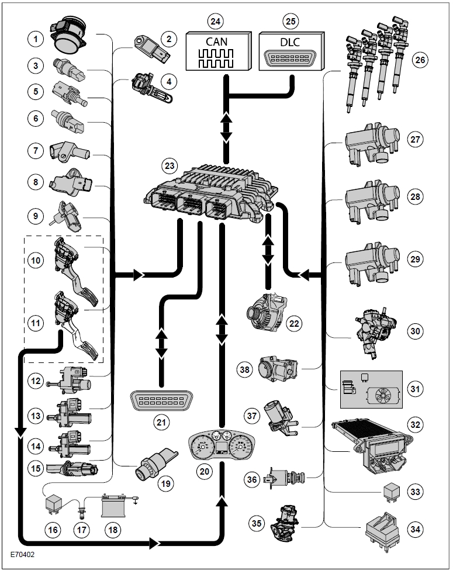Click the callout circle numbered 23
pyautogui.click(x=169, y=165)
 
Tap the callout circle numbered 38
pyautogui.click(x=246, y=368)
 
